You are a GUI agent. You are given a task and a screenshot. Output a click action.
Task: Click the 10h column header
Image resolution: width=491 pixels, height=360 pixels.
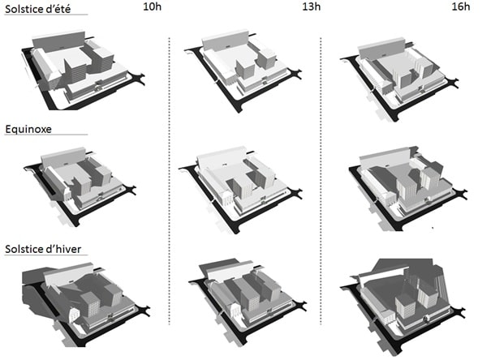tap(153, 6)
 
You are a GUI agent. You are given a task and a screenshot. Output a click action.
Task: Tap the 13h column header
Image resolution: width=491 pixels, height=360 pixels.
tap(312, 6)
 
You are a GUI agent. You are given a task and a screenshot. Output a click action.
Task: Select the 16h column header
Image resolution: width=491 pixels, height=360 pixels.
tap(461, 6)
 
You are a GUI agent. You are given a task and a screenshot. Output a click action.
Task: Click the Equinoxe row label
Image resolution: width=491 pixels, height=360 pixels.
tap(28, 129)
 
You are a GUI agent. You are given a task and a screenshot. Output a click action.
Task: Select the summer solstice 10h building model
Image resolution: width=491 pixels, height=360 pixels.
tap(83, 70)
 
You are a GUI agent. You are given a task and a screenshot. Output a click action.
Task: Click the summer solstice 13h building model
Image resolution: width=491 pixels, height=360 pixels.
tap(243, 71)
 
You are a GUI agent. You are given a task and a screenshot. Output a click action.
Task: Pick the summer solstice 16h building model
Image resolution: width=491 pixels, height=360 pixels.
tap(400, 79)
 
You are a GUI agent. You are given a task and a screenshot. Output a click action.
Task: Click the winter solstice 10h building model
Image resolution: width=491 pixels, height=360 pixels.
tap(86, 304)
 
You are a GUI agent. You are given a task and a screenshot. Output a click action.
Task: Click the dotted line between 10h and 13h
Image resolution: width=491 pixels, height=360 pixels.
tap(170, 181)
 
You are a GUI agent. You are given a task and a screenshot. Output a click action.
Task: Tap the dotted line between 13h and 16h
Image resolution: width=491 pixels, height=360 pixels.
tap(321, 181)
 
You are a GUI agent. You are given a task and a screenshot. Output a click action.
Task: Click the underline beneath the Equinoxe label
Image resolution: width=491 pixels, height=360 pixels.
tap(46, 135)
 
